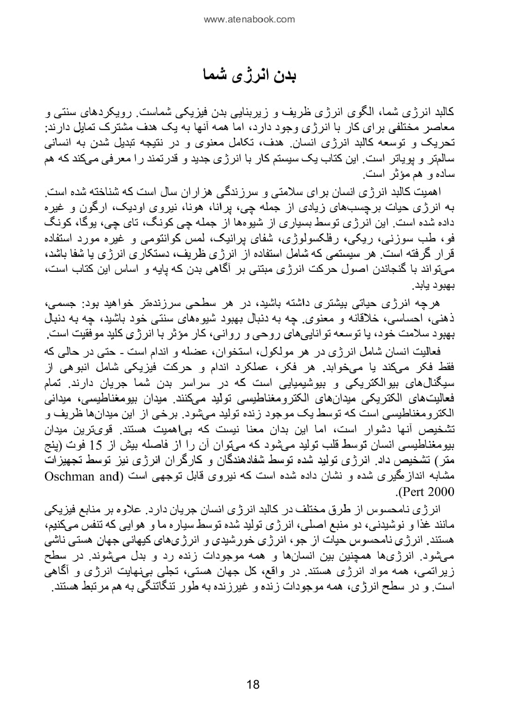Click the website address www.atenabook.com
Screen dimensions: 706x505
[250, 19]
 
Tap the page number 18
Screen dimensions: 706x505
[252, 685]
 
